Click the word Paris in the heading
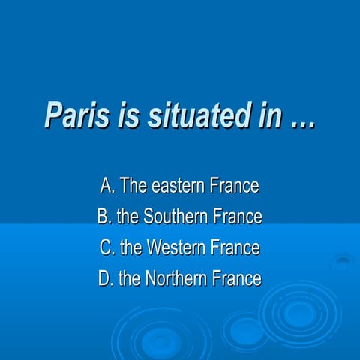[70, 115]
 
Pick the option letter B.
[103, 217]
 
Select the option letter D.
[105, 279]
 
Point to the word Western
[175, 247]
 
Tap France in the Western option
[235, 247]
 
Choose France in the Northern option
[236, 279]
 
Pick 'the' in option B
[128, 217]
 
